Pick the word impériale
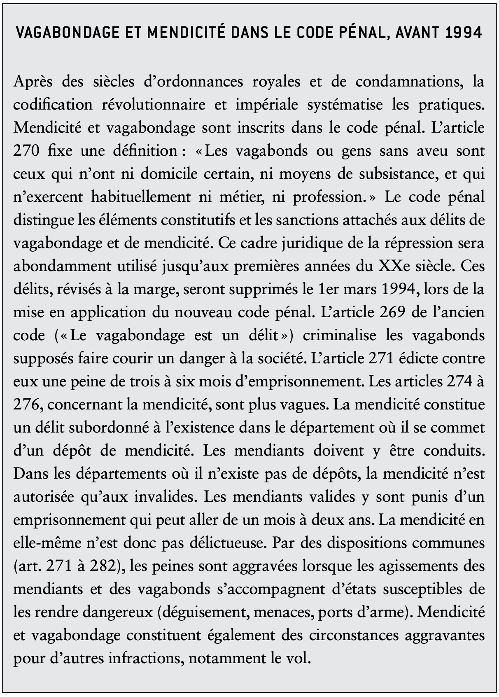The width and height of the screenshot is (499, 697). [267, 105]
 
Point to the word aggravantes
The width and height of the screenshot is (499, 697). [444, 635]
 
